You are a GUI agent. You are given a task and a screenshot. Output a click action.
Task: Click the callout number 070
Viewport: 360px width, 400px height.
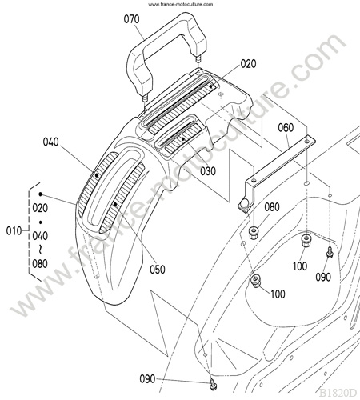point(131,19)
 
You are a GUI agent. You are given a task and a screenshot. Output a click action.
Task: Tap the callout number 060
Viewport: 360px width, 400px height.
point(286,128)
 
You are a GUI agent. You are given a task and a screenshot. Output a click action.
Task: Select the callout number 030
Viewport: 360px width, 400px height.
point(208,171)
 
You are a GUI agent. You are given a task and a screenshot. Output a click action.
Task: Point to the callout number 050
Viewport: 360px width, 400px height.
point(158,270)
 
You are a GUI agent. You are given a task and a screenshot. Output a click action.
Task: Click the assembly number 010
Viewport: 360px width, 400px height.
point(14,231)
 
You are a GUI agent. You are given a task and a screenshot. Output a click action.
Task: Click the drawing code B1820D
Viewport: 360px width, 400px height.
point(338,393)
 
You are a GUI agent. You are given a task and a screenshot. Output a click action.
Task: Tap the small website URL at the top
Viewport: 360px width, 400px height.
point(181,4)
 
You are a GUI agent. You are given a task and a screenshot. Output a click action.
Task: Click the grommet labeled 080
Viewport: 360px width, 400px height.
point(254,233)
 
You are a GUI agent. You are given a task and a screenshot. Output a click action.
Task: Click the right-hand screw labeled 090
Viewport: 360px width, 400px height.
point(330,253)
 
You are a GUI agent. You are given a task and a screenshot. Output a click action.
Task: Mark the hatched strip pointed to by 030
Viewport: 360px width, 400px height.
point(183,138)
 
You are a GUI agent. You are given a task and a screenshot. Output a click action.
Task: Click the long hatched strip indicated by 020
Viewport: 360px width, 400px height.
point(182,107)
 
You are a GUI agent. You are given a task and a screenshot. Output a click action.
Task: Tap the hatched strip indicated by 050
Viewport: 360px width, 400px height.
point(122,198)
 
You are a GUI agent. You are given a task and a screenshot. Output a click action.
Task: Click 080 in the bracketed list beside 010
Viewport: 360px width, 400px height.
point(40,264)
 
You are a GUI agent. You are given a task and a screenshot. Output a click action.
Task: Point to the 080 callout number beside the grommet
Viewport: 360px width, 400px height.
point(272,207)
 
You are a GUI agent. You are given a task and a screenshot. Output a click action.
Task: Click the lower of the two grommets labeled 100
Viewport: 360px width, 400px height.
point(256,281)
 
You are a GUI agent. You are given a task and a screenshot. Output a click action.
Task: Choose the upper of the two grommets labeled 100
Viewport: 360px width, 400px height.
point(306,241)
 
